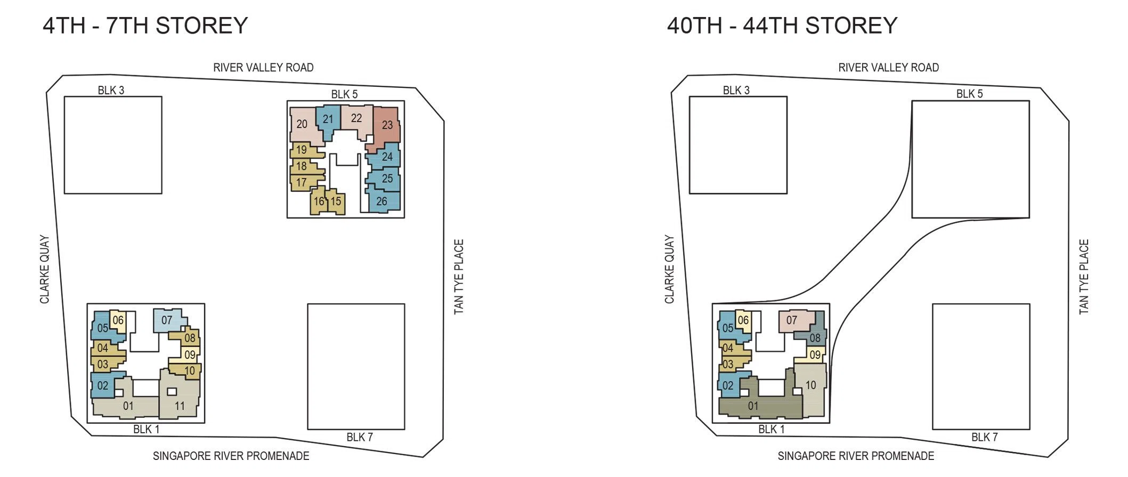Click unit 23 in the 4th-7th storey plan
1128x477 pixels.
pyautogui.click(x=385, y=127)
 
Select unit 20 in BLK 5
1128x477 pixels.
pyautogui.click(x=305, y=125)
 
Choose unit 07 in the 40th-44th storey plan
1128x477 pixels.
pyautogui.click(x=796, y=321)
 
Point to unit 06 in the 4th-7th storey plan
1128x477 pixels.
pyautogui.click(x=119, y=321)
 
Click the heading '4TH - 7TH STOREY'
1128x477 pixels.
pyautogui.click(x=145, y=26)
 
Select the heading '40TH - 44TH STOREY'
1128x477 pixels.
pyautogui.click(x=782, y=26)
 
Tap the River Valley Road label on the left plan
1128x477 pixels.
pyautogui.click(x=263, y=68)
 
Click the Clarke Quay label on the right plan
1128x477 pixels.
pyautogui.click(x=669, y=270)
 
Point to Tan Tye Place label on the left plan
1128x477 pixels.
pyautogui.click(x=459, y=277)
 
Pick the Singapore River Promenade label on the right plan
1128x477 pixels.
pyautogui.click(x=856, y=456)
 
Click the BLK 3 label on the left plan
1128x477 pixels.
pyautogui.click(x=111, y=91)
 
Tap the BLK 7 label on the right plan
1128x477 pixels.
pyautogui.click(x=984, y=437)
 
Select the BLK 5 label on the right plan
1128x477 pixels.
pyautogui.click(x=969, y=94)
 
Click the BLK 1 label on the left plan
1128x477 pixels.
pyautogui.click(x=146, y=430)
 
